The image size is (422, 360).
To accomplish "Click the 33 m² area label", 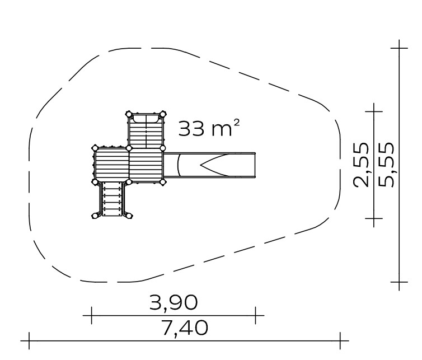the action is pos(209,128).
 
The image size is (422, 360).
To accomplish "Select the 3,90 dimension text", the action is pos(174,302).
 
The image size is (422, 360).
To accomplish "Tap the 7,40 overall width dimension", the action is pos(185,328).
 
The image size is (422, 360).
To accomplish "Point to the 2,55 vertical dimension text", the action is pos(360,165).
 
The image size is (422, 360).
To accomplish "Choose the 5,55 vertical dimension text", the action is pos(386,165).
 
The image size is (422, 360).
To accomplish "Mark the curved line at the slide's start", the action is pos(179,165).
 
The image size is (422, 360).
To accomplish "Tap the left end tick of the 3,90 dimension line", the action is pos(91,315).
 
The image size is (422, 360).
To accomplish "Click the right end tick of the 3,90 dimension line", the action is pos(255,315).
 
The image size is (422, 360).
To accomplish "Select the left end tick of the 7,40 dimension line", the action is pos(29,340).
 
